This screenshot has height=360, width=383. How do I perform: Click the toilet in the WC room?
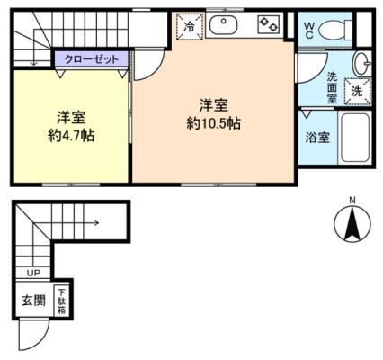tap(335, 30)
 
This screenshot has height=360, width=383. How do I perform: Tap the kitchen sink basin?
tap(223, 25)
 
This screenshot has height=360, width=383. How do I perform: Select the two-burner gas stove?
tap(269, 24)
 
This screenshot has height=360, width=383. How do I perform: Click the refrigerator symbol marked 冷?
tap(190, 26)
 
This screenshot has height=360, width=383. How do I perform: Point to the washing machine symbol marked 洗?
tap(357, 91)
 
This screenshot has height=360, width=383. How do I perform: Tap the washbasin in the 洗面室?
tap(362, 63)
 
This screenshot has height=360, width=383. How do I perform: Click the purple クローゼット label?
tap(92, 59)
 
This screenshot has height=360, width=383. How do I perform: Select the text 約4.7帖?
tap(72, 136)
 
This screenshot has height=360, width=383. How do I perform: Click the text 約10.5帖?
tap(213, 123)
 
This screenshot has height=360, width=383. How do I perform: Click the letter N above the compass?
tap(352, 200)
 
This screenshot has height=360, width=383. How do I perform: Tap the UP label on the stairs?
tap(33, 273)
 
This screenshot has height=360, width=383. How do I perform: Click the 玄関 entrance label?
tap(33, 301)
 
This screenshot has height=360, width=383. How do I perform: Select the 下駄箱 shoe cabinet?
tap(61, 301)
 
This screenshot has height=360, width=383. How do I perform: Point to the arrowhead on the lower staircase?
tap(97, 222)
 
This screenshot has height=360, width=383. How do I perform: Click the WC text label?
tap(309, 31)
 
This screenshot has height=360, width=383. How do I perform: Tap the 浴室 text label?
tap(317, 138)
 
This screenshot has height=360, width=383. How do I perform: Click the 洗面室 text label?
tap(332, 88)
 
